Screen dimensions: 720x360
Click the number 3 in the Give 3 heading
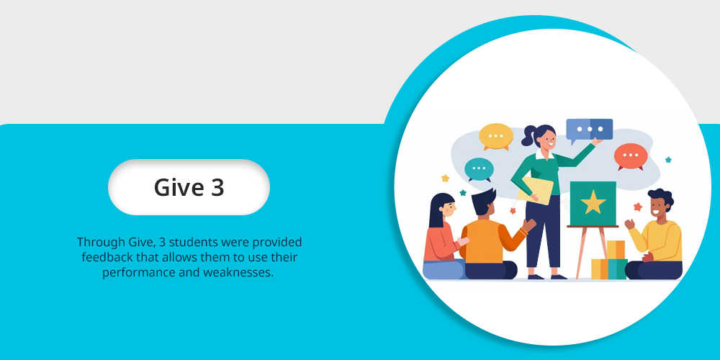coord(217,187)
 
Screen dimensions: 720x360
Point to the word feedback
coord(103,257)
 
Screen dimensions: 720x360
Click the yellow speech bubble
coord(496,136)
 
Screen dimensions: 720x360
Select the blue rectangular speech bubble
coord(589,130)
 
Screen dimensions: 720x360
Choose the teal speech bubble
coord(479,169)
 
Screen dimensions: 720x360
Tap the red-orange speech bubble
coord(631,156)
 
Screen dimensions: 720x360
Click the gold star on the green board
coord(593,202)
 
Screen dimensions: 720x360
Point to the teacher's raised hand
coord(597,142)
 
